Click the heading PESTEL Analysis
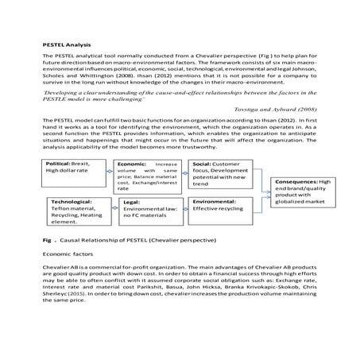click(67, 45)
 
